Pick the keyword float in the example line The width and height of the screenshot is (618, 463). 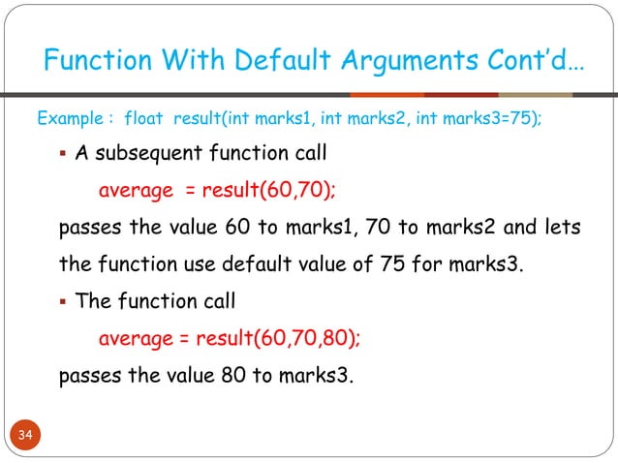pos(144,119)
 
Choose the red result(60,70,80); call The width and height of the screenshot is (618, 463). pos(278,338)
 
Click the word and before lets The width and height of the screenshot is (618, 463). pos(508,228)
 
